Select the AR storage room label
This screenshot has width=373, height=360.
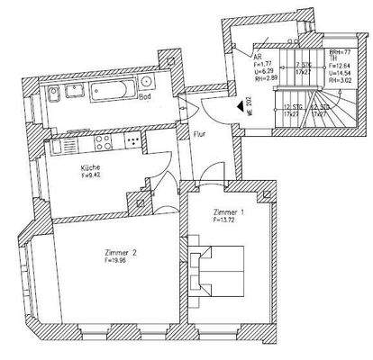click(x=259, y=53)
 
